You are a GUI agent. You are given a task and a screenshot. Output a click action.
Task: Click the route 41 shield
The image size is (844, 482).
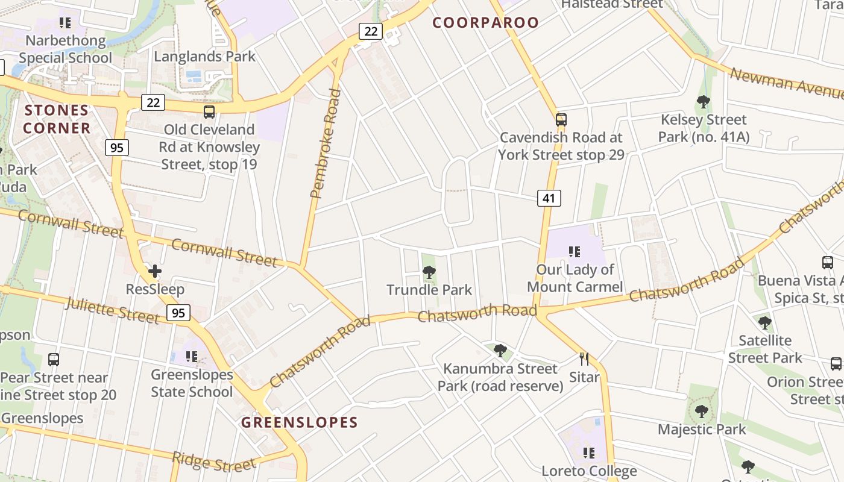(x=549, y=198)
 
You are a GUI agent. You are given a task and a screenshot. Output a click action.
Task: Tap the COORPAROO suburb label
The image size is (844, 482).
(x=486, y=23)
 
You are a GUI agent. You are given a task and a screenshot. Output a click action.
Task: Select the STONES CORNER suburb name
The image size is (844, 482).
(x=57, y=119)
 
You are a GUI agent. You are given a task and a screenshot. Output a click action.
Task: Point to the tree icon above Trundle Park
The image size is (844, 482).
(x=429, y=272)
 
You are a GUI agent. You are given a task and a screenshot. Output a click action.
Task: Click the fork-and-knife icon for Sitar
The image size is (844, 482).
(x=584, y=359)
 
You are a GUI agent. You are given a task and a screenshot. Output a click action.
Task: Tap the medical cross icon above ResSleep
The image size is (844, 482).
(x=155, y=271)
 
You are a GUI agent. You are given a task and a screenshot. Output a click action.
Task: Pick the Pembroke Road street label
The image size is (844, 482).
(x=326, y=144)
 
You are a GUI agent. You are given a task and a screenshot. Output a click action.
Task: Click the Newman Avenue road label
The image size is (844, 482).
(x=786, y=84)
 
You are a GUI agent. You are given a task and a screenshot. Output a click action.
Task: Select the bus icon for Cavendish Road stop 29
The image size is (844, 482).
(x=561, y=119)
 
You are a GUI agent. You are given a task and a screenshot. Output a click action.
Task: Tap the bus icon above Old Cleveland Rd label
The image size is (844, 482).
(x=209, y=111)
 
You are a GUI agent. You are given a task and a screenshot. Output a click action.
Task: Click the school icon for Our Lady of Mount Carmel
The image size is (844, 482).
(x=575, y=251)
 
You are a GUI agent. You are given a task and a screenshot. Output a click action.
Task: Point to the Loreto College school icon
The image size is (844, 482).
(x=588, y=452)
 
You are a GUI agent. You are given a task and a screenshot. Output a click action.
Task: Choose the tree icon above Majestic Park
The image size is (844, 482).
(x=701, y=412)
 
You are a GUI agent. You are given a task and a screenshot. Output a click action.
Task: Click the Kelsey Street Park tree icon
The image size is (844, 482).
(x=703, y=101)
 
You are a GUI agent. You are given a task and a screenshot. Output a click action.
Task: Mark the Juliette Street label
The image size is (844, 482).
(x=112, y=310)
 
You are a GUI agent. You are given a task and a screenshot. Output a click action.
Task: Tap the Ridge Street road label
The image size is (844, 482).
(x=213, y=463)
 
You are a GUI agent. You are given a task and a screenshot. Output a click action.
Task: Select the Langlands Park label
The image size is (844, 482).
(x=205, y=57)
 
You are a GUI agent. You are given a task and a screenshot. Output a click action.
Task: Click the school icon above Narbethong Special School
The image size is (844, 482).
(x=65, y=23)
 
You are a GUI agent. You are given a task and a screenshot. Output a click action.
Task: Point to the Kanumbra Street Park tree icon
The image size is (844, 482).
(x=500, y=350)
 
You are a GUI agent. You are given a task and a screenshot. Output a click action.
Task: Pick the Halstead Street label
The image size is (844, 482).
(x=612, y=4)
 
